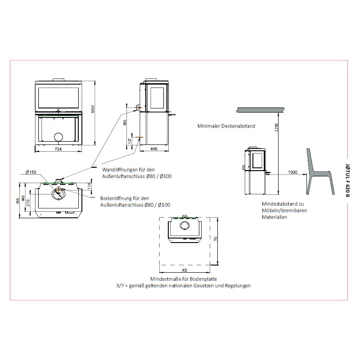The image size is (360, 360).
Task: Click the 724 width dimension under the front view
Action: (x=58, y=148)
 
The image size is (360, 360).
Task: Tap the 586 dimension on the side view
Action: (x=124, y=122)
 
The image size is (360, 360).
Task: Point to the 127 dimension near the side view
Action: (x=130, y=140)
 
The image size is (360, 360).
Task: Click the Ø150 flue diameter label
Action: (x=31, y=172)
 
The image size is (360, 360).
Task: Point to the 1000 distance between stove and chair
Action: (x=293, y=172)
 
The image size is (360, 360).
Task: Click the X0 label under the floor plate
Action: (x=184, y=271)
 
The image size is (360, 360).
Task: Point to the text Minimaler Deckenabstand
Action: (x=226, y=126)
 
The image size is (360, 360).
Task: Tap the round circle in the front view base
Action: (x=58, y=137)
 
